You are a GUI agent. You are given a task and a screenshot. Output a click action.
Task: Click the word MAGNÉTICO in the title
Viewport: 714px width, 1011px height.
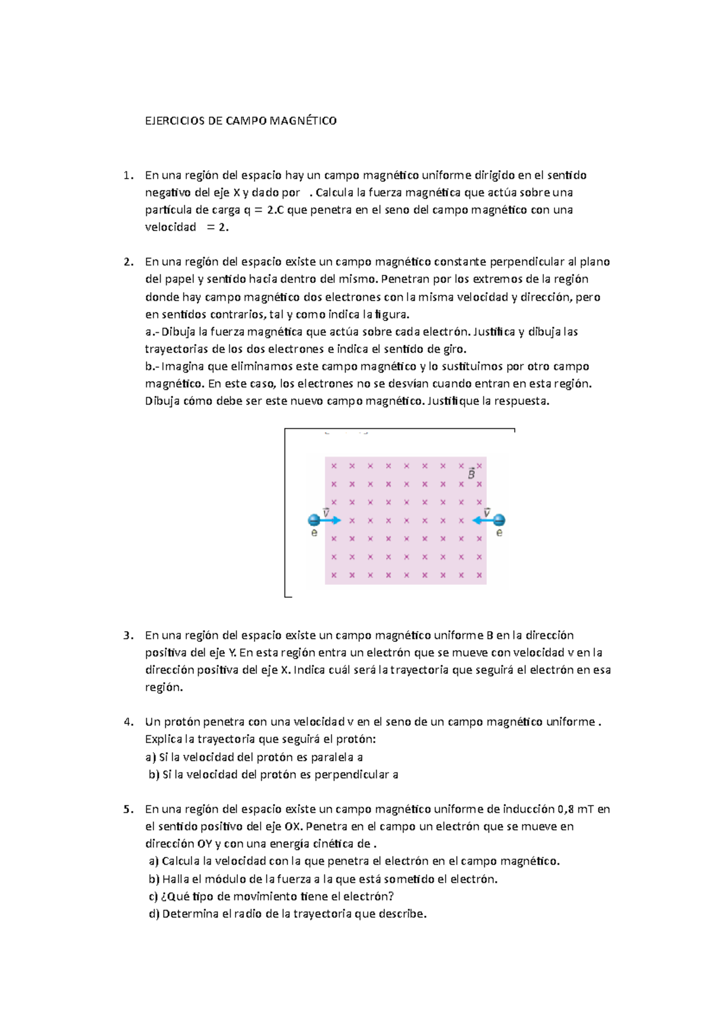coord(303,121)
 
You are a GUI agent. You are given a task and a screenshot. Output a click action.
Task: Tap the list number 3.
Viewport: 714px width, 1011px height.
coord(128,635)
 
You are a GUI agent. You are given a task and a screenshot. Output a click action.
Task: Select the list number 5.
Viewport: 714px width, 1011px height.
coord(128,809)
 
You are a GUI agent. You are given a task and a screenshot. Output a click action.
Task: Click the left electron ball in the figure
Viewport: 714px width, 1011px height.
coord(314,520)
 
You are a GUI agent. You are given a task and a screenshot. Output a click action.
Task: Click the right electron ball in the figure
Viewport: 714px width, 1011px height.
coord(499,520)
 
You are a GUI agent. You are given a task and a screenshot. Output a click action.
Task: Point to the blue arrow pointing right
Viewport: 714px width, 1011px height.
coord(331,520)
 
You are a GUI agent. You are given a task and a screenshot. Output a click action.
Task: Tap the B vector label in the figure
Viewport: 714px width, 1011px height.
coord(471,474)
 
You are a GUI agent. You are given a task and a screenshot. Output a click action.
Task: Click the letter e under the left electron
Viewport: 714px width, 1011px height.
coord(314,533)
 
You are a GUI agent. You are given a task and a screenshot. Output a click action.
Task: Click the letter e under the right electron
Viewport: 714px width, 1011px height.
coord(499,533)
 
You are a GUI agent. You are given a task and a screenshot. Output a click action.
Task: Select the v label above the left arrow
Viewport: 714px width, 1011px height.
coord(326,512)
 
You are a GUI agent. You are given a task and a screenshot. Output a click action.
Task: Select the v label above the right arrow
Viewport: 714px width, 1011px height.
coord(487,512)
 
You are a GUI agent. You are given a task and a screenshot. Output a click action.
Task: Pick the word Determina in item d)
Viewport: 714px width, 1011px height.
coord(190,914)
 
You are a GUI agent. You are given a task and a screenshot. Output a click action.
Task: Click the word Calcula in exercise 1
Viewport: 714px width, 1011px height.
coord(334,192)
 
